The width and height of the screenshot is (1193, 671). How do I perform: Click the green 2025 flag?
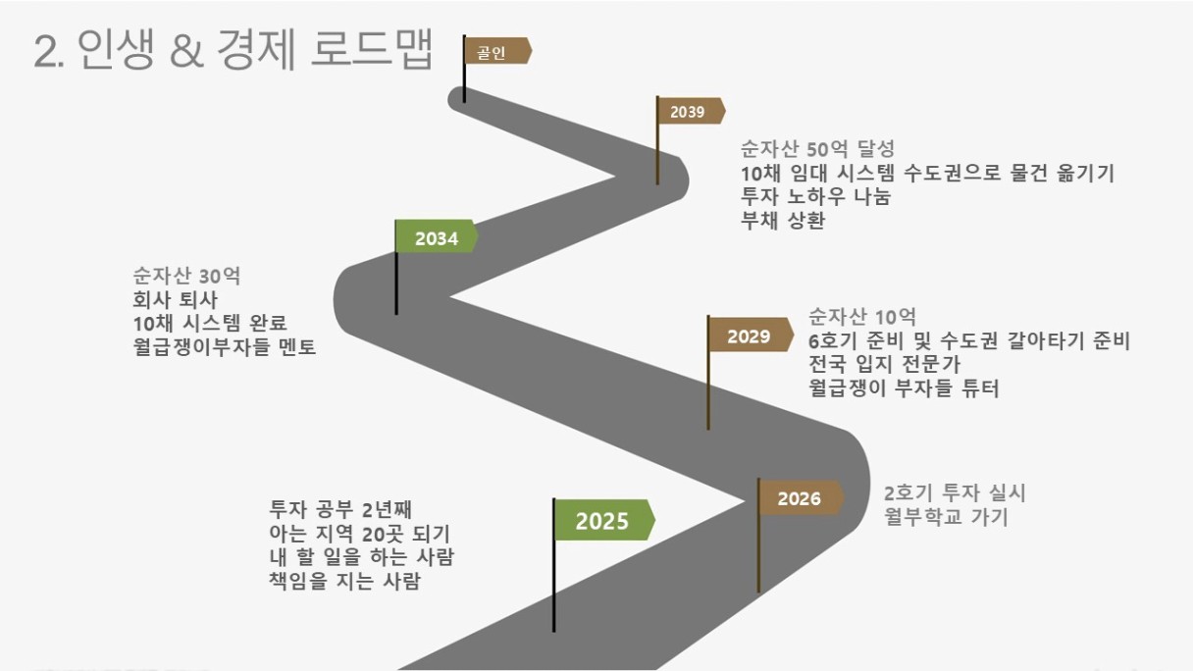[604, 520]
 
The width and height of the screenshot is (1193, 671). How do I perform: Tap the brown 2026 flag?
[801, 498]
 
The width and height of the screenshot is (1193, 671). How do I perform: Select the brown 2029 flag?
[750, 335]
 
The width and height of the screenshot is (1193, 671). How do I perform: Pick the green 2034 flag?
[436, 237]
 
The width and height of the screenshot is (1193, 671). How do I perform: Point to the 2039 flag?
[690, 111]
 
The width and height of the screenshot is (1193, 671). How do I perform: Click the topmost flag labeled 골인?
[496, 52]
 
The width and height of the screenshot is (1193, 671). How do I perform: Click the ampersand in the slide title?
[187, 51]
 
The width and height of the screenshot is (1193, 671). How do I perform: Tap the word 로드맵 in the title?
[372, 49]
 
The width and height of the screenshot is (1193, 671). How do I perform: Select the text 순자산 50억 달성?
[817, 149]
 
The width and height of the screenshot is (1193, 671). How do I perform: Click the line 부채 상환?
[783, 220]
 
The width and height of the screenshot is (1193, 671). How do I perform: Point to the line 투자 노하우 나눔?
[815, 196]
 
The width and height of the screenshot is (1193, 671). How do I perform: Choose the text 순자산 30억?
[186, 276]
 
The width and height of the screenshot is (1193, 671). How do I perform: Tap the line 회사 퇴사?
[176, 299]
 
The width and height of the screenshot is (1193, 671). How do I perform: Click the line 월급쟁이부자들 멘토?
[225, 346]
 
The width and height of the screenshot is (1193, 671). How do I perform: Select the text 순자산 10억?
[862, 317]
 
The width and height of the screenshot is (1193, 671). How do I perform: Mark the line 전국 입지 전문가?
[884, 364]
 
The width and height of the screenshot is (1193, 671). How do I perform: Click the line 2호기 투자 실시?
[955, 493]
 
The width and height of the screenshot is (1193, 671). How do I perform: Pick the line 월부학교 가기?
[946, 517]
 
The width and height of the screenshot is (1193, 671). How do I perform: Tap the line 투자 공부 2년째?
[340, 510]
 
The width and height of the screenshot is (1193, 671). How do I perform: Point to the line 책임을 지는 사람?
[344, 581]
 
